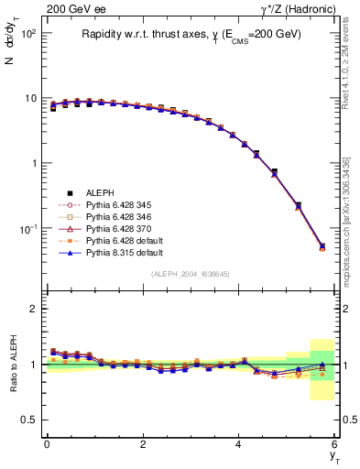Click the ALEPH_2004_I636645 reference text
click(191, 275)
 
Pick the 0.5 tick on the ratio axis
click(30, 420)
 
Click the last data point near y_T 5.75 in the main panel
click(322, 246)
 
